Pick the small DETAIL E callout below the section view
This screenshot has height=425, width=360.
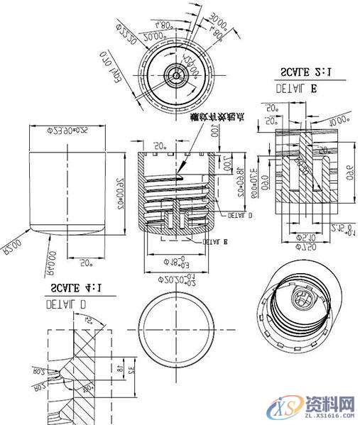tap(214, 241)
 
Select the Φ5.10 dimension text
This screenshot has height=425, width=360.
tap(305, 236)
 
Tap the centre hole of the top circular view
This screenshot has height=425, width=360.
tap(174, 73)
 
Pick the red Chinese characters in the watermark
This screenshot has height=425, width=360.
tap(329, 404)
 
